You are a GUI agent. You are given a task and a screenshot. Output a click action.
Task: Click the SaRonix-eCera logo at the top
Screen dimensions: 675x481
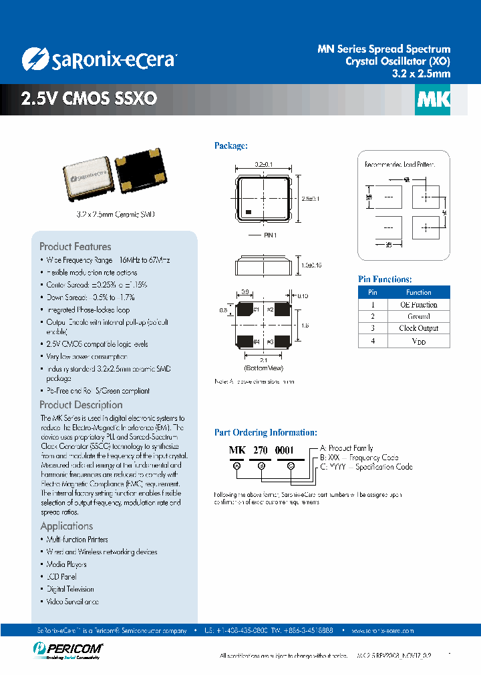[x=99, y=59]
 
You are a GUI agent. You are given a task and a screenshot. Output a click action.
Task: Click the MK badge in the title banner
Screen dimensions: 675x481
[x=433, y=100]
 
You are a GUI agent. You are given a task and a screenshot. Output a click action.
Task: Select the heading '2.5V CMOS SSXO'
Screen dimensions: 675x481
[x=89, y=99]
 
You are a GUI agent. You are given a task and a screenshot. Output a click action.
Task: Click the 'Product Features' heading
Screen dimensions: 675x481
[x=75, y=246]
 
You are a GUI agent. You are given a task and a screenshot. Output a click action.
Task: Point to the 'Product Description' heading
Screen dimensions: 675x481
[x=81, y=404]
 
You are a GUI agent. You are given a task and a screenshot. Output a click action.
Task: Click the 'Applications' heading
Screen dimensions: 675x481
[x=67, y=526]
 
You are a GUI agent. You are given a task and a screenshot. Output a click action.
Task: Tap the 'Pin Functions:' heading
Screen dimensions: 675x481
[x=385, y=279]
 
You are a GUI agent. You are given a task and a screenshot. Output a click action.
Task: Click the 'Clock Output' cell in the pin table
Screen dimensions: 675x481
[x=418, y=328]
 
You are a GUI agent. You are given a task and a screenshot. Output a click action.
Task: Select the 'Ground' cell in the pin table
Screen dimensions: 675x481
[x=418, y=316]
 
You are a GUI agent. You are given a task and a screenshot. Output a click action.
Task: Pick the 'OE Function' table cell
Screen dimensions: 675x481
[x=418, y=304]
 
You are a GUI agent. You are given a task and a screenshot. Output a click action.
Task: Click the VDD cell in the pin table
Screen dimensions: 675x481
[x=418, y=341]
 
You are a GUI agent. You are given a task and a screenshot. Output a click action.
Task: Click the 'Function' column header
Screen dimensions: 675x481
[x=418, y=292]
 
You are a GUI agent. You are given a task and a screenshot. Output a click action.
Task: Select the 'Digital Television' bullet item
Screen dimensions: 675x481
[x=70, y=589]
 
